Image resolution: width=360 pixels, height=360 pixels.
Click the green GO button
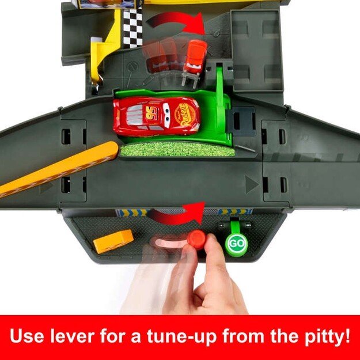tap(236, 244)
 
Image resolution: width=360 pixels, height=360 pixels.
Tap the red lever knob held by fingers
tap(197, 239)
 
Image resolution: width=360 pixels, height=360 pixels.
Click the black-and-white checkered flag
tap(132, 28)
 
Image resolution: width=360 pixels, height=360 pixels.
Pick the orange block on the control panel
tap(113, 241)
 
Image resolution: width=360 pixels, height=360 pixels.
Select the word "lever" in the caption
tap(72, 336)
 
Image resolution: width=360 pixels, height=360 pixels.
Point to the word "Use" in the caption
tap(27, 336)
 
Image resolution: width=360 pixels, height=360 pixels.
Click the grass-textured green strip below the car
tap(177, 149)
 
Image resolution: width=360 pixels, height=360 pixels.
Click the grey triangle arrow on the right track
tap(251, 184)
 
